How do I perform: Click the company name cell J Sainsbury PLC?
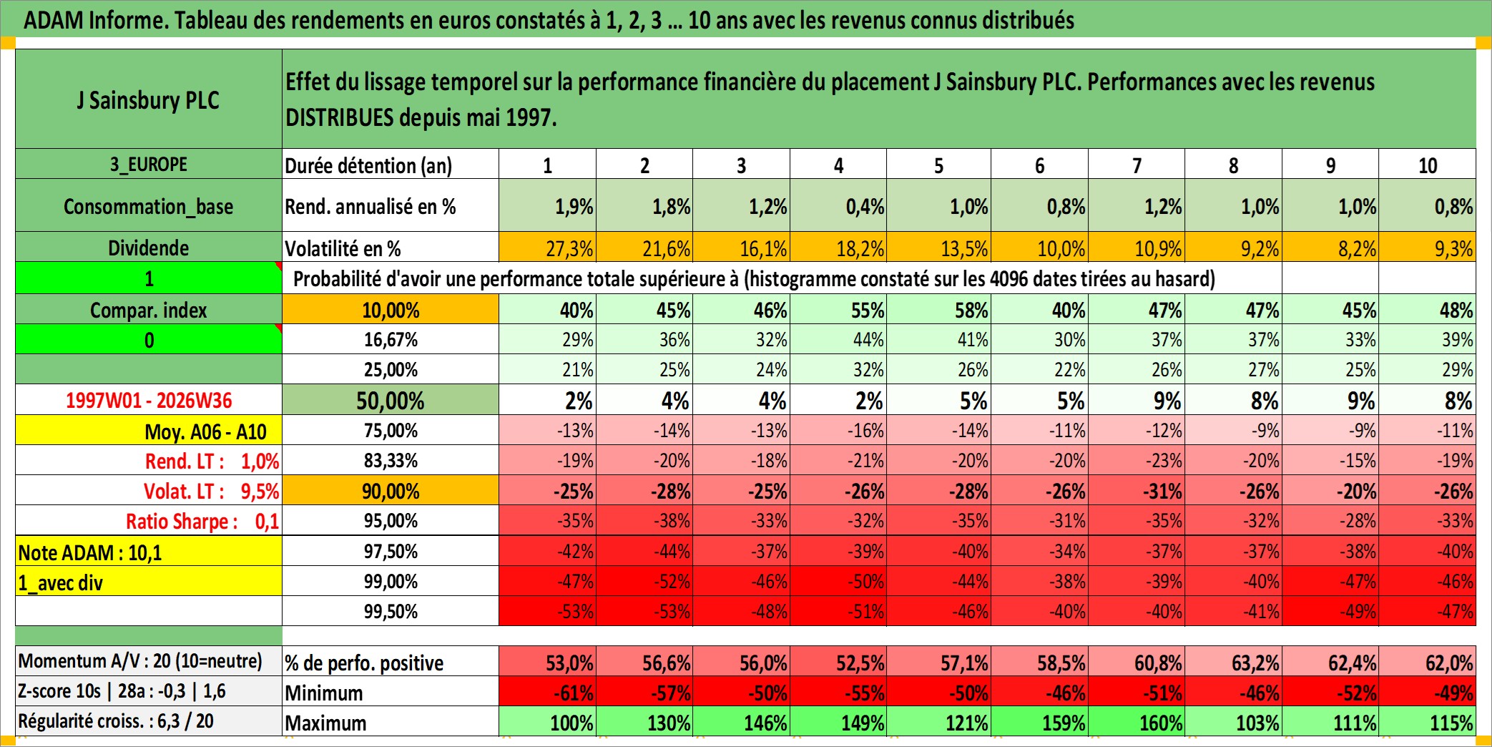(149, 99)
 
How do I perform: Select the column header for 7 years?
(1137, 165)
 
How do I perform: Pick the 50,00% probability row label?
(391, 400)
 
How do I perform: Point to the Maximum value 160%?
(1137, 722)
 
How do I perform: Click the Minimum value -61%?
(547, 692)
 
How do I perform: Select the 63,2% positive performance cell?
(1233, 662)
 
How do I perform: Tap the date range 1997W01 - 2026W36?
(149, 400)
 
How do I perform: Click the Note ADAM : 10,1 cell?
(149, 552)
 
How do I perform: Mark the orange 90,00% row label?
(391, 491)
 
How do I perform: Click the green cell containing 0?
(149, 340)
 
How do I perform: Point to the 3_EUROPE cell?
(149, 164)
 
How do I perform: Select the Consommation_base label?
(149, 206)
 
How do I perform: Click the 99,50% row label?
(391, 611)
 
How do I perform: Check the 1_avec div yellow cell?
(149, 582)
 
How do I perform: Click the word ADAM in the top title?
(54, 20)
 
